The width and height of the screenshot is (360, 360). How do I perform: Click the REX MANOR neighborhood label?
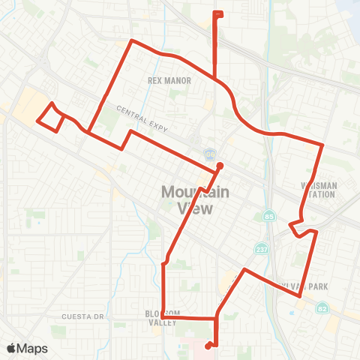169,80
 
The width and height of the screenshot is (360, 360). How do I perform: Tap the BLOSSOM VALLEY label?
163,317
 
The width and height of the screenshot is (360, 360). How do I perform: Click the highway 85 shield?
268,217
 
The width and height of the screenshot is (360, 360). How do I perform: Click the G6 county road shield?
211,154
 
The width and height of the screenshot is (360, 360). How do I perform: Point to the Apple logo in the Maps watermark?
13,348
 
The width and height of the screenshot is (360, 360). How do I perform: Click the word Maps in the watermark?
33,348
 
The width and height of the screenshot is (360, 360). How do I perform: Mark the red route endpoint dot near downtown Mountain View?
220,166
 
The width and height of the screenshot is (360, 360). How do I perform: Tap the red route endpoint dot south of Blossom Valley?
207,346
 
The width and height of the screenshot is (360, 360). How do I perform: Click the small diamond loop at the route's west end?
49,118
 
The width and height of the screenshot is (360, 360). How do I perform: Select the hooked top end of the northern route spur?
217,13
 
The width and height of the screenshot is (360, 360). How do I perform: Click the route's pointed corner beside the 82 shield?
300,295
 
